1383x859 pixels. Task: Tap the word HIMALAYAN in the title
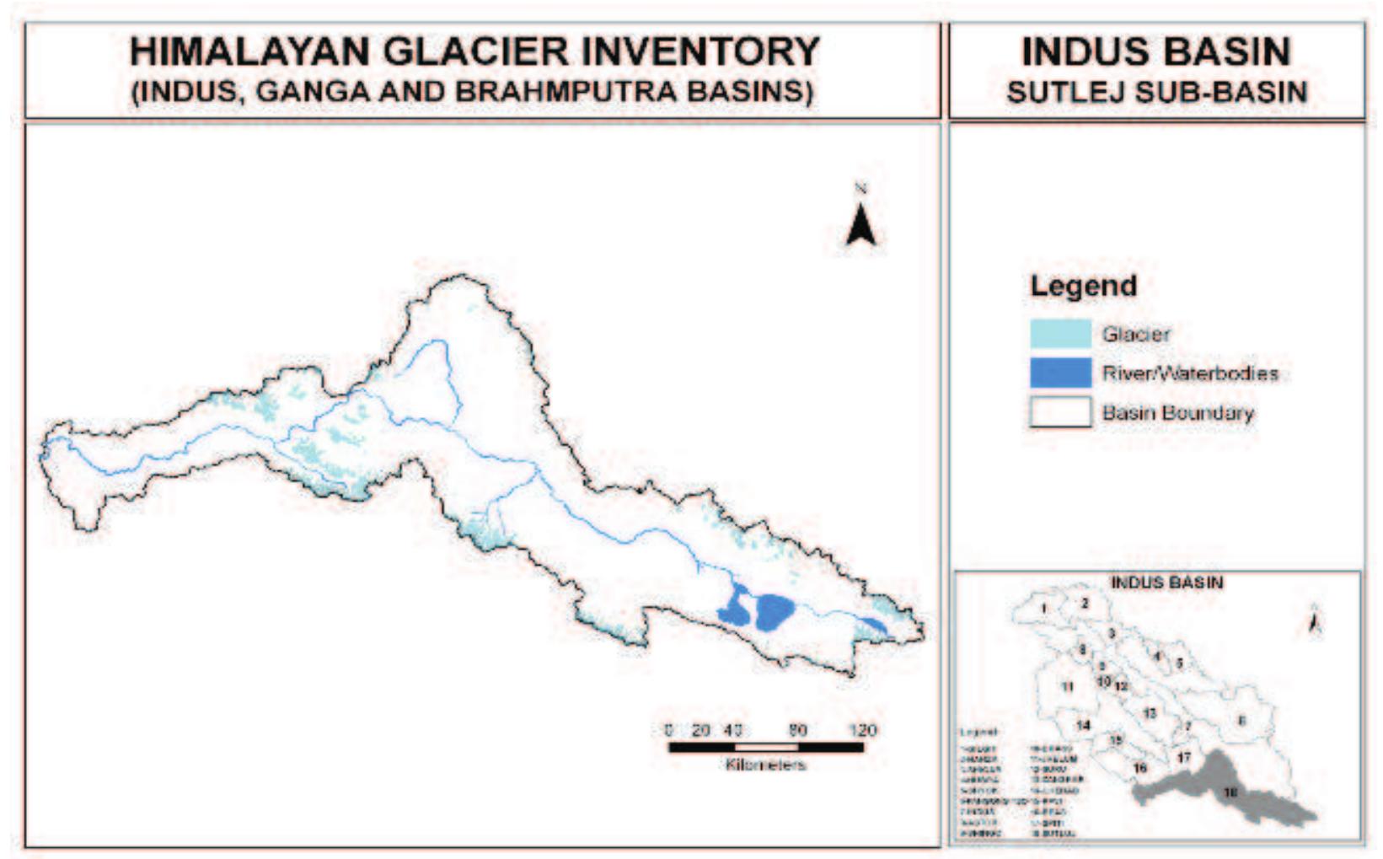[249, 51]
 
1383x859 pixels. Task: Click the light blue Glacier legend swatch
[1060, 334]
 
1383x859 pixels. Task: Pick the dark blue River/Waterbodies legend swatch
[1060, 373]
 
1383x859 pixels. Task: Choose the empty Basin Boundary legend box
[1060, 412]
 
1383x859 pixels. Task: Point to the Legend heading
[1083, 286]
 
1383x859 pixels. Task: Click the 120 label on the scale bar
[863, 730]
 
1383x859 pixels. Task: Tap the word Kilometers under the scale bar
[765, 765]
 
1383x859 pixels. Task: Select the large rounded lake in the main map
[775, 611]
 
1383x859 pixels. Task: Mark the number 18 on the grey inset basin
[1230, 792]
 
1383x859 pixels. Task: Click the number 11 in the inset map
[1067, 686]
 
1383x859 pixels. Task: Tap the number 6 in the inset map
[1241, 721]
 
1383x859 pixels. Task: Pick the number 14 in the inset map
[1083, 725]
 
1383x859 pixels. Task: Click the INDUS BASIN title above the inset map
[1166, 583]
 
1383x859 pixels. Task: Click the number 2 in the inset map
[1085, 604]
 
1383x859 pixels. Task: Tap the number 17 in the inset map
[1184, 757]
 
